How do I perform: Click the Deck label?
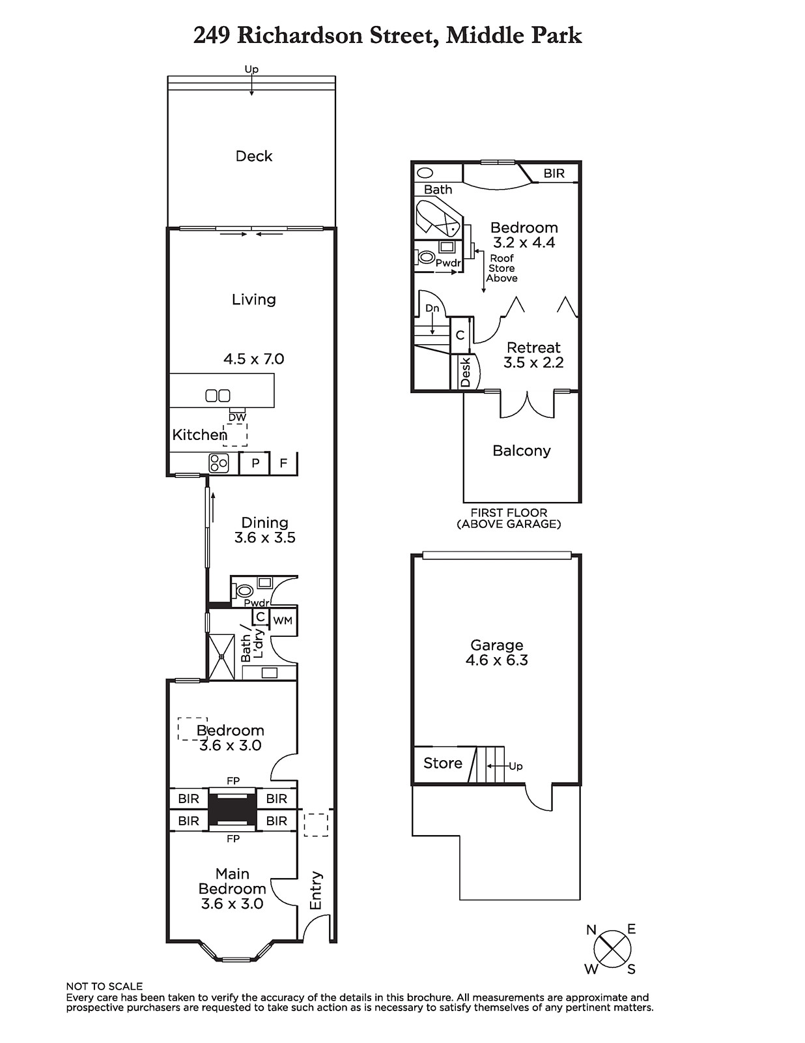click(x=253, y=156)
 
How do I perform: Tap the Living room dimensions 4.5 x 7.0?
click(x=253, y=359)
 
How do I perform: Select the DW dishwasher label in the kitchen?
click(x=237, y=417)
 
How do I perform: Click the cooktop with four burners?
click(x=218, y=463)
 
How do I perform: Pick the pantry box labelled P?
click(x=255, y=463)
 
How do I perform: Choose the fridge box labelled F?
click(x=283, y=463)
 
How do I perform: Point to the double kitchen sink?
click(x=218, y=396)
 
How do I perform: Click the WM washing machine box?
click(x=283, y=621)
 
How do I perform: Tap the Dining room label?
click(x=264, y=522)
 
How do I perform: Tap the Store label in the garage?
click(x=442, y=763)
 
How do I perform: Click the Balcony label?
click(x=522, y=450)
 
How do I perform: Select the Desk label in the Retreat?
click(x=464, y=372)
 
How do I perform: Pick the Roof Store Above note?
click(x=501, y=268)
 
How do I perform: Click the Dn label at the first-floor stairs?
click(x=432, y=308)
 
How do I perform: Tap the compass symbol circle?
click(x=612, y=949)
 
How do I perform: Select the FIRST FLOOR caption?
click(x=509, y=512)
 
